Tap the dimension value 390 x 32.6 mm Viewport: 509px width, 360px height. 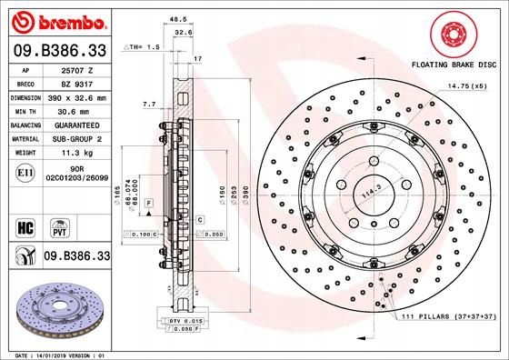(76, 95)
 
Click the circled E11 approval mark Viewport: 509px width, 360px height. (25, 171)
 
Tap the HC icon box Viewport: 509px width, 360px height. (26, 225)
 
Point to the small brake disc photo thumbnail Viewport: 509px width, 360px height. (56, 309)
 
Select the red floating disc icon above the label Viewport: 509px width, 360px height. (452, 35)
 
